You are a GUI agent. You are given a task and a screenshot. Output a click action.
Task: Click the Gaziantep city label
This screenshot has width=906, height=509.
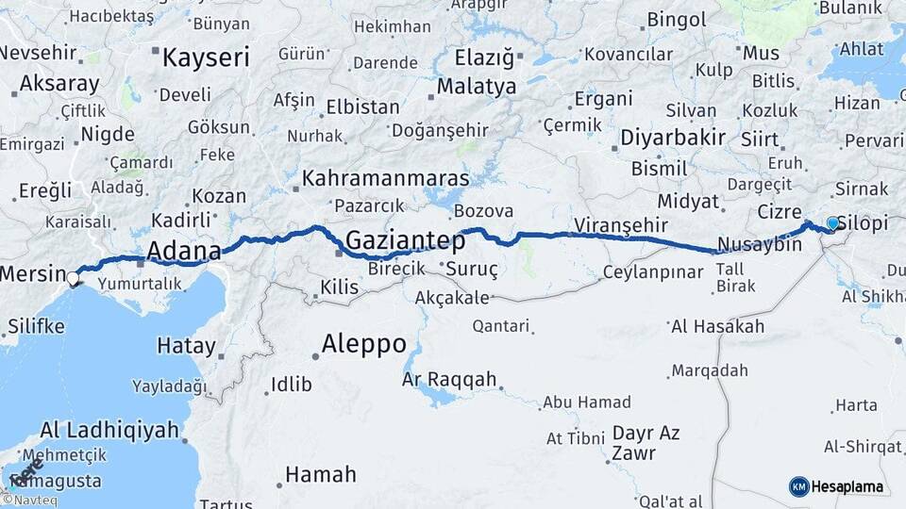coord(405,241)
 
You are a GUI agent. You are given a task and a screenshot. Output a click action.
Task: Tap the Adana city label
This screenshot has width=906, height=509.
coord(183,252)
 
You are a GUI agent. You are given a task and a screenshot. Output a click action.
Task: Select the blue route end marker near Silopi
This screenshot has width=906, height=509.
coord(833,223)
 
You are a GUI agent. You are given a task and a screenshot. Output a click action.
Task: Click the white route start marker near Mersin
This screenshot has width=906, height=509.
coord(74,278)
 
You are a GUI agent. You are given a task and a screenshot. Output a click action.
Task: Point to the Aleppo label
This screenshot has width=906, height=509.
coord(364,343)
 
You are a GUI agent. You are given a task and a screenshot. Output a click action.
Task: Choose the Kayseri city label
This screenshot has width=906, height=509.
coord(206,57)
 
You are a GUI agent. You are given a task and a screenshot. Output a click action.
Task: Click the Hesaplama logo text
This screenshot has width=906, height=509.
coord(847,486)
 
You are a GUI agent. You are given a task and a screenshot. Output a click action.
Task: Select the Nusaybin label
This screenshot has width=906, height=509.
coord(759,245)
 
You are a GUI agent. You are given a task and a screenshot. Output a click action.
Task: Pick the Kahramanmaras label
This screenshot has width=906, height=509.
coord(386,178)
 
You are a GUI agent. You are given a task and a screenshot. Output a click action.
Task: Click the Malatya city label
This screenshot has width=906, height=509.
coord(477,87)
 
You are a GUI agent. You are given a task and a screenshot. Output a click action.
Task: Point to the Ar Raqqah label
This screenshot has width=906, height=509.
coord(449,379)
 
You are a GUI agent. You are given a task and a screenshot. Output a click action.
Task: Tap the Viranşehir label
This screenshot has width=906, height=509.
coord(621,225)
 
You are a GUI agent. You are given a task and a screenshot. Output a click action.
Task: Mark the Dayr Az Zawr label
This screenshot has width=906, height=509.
coord(646,443)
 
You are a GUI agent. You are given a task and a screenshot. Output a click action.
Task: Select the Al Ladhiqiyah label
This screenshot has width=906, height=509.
coord(109,431)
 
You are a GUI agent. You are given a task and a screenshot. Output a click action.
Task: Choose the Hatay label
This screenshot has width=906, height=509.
coord(186,346)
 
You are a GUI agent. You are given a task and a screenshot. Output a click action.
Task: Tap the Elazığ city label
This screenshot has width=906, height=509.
coord(484,58)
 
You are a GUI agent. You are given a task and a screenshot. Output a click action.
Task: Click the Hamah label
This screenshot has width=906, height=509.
coord(321,474)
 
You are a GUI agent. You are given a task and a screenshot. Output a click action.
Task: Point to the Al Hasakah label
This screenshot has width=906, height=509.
coord(717,327)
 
